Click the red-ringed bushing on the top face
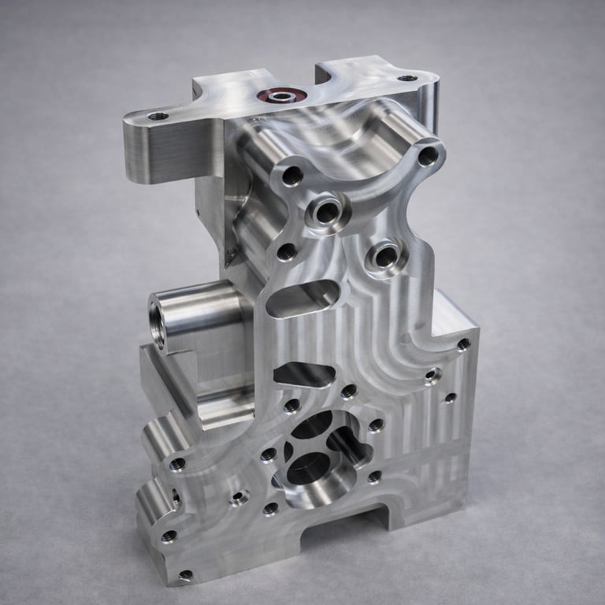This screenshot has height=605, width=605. [280, 96]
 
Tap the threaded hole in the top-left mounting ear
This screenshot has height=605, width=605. [158, 116]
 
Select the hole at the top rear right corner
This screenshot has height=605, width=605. [407, 78]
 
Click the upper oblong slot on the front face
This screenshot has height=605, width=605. [303, 299]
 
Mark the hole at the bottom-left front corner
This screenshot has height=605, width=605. [185, 575]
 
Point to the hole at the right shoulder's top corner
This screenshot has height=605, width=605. [463, 344]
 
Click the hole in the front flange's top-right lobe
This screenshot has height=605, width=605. [428, 156]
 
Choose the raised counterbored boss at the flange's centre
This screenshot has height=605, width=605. [328, 210]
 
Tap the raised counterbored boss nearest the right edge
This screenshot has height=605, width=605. [386, 256]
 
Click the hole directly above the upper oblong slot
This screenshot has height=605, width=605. [288, 252]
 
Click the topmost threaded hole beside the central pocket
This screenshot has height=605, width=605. [349, 391]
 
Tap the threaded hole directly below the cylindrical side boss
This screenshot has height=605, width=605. [178, 463]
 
